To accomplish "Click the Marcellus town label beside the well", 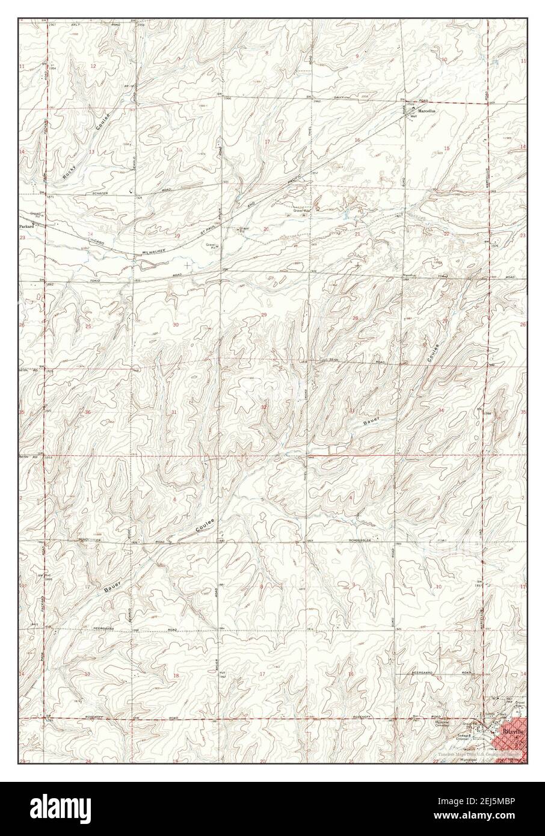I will (x=424, y=111).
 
